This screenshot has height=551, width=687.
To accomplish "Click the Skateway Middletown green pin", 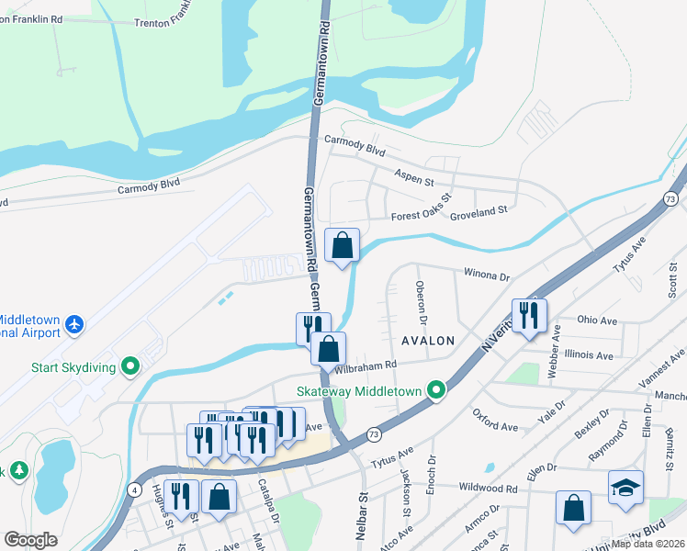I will click(437, 391).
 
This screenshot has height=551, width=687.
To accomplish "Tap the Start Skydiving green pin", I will click(130, 368).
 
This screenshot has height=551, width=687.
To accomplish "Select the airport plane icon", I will click(74, 325).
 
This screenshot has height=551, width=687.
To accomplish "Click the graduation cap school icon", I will click(625, 488).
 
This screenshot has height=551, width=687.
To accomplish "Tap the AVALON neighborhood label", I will click(428, 340).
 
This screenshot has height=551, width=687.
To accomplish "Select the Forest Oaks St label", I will click(422, 207).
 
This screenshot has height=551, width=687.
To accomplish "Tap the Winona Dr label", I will click(486, 275).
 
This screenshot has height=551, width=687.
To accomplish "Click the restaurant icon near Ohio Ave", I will click(529, 316).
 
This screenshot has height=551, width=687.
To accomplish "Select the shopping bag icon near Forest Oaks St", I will click(342, 245).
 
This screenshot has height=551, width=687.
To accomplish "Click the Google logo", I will click(30, 540).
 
